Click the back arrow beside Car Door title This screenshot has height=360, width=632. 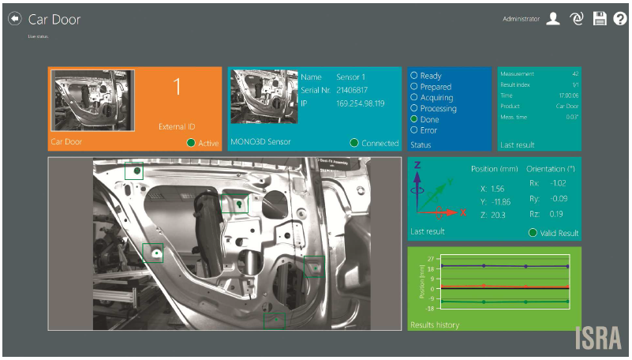click(14, 18)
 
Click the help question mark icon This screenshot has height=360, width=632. click(619, 19)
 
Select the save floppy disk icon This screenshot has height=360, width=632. click(599, 19)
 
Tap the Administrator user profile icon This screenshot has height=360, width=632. click(553, 19)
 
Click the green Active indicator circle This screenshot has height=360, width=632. click(190, 143)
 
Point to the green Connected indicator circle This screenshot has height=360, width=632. click(354, 143)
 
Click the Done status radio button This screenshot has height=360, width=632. click(413, 119)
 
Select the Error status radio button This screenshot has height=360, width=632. click(413, 130)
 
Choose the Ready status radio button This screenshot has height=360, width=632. click(413, 76)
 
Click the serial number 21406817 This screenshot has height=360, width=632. click(353, 91)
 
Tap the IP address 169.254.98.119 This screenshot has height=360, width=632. click(360, 103)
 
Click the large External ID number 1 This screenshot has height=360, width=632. click(177, 88)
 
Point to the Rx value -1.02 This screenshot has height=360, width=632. click(558, 184)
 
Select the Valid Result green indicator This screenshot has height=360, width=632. click(533, 233)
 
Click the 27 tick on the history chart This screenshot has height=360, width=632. click(431, 258)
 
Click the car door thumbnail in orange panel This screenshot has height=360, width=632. click(92, 99)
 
